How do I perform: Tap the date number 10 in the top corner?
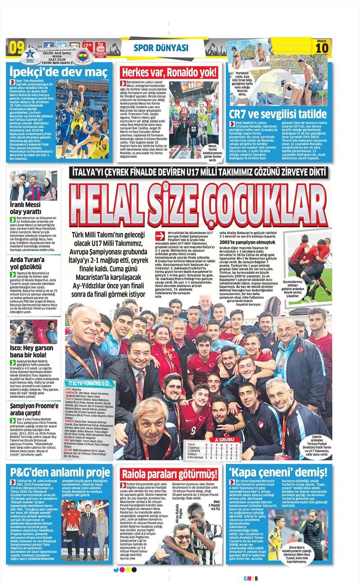(323, 48)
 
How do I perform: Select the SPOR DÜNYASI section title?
(161, 48)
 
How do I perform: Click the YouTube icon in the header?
(100, 46)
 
